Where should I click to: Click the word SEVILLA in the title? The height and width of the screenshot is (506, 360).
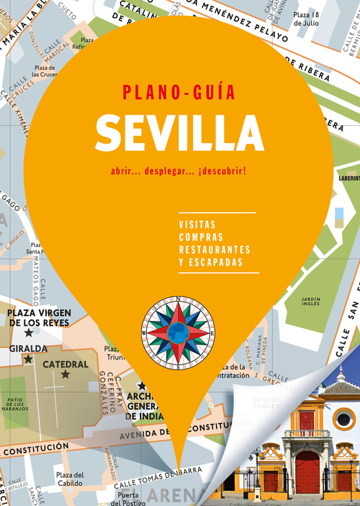click(x=179, y=134)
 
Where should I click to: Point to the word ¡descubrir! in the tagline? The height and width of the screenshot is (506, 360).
click(x=222, y=171)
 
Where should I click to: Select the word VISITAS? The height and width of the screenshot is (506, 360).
click(x=197, y=225)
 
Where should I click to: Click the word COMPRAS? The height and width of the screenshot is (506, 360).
click(x=200, y=237)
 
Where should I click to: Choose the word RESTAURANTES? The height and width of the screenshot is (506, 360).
click(x=214, y=250)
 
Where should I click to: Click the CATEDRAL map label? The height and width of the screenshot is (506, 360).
click(x=65, y=364)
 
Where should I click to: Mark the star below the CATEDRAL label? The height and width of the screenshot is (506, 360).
click(x=65, y=375)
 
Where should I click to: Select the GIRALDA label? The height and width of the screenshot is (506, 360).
click(x=28, y=348)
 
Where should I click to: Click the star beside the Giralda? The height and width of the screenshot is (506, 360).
click(x=28, y=360)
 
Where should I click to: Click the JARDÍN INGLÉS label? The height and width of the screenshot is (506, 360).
click(x=311, y=302)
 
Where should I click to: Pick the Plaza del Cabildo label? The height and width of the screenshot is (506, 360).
click(x=69, y=478)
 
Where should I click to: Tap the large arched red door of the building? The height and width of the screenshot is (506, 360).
click(x=307, y=472)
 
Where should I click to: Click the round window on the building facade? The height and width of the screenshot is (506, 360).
click(x=344, y=418)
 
